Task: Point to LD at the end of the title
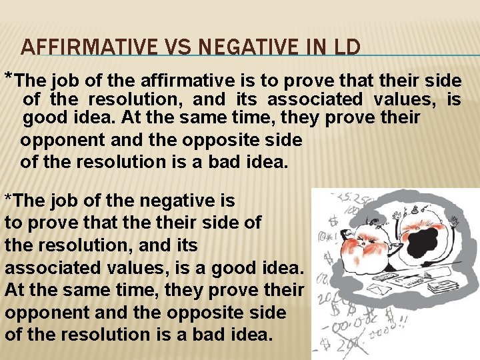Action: point(345,47)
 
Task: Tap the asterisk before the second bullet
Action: point(7,199)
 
